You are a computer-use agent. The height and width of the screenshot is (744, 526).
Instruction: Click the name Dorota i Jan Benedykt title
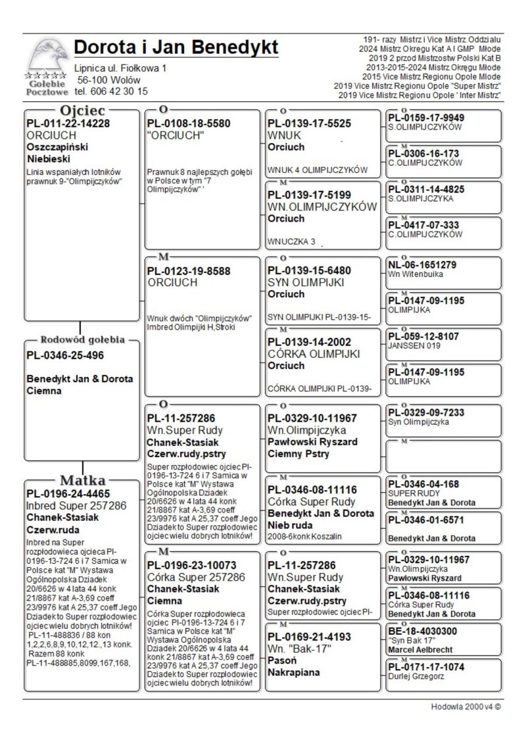tap(176, 47)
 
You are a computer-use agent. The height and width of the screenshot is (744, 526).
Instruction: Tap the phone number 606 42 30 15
tap(119, 91)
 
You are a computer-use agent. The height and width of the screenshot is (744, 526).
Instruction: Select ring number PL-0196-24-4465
tap(68, 493)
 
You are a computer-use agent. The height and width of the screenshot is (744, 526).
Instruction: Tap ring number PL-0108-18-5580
tap(189, 123)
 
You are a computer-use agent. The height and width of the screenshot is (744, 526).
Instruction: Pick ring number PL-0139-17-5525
tap(309, 123)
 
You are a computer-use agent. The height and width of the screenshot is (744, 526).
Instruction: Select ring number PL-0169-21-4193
tap(309, 637)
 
